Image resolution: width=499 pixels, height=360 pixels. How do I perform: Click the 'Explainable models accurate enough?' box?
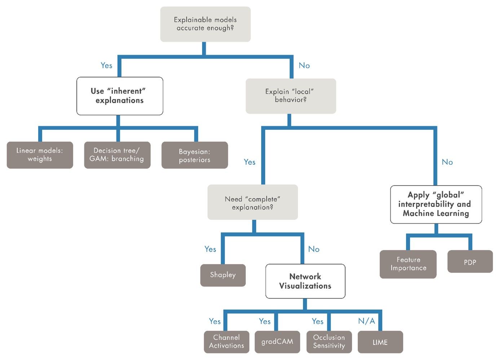pos(205,24)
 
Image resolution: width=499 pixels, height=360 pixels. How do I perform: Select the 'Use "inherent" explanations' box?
pos(120,96)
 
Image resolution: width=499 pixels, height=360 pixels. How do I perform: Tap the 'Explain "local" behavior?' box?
pos(291,96)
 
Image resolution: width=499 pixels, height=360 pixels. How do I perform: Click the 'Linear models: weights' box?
pos(40,155)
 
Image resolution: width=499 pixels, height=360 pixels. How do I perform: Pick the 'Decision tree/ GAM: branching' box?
pos(117,155)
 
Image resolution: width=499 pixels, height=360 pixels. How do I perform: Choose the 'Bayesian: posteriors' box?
pos(195,155)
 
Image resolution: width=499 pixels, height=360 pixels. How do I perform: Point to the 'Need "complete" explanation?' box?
pos(252,203)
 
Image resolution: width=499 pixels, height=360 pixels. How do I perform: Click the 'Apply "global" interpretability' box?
pos(436,204)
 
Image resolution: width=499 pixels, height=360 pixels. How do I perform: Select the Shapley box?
pos(223,275)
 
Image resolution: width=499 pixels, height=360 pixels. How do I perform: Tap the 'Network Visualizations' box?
pos(305,281)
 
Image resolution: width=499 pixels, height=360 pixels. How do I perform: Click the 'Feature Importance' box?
pos(408,264)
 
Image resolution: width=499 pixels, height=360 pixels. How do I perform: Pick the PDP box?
pos(470,262)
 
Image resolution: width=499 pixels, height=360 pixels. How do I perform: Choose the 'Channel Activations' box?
pos(226,342)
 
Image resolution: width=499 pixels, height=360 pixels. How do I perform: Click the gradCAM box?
pos(277,342)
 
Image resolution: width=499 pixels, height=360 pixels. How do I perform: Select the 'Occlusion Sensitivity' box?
pos(329,342)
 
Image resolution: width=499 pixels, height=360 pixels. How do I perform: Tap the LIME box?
pos(380,342)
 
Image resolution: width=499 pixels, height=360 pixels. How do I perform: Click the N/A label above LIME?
pos(366,321)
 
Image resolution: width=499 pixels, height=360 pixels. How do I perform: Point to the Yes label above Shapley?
pos(210,249)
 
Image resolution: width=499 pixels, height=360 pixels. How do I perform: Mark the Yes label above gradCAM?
pos(265,321)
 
